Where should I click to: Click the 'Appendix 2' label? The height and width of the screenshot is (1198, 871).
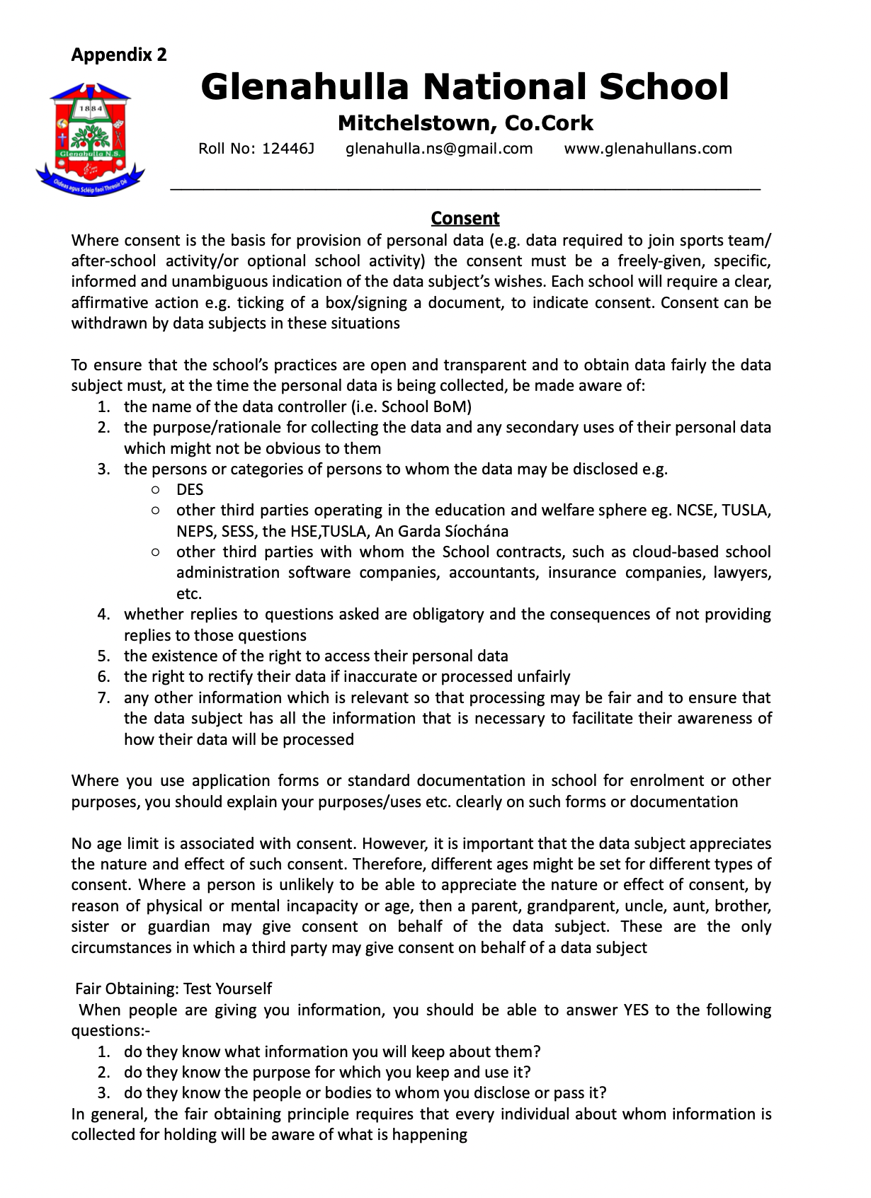pyautogui.click(x=119, y=55)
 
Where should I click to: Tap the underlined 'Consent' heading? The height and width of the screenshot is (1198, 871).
pyautogui.click(x=465, y=218)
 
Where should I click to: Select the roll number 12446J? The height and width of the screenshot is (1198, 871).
pyautogui.click(x=288, y=149)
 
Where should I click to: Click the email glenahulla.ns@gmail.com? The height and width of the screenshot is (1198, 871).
pyautogui.click(x=439, y=149)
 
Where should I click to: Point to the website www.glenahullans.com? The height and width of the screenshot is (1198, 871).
pyautogui.click(x=648, y=149)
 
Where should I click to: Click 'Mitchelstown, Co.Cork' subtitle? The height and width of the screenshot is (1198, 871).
pyautogui.click(x=465, y=123)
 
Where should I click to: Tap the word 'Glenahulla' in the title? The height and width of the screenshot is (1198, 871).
pyautogui.click(x=305, y=87)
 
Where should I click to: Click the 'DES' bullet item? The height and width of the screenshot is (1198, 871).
pyautogui.click(x=190, y=490)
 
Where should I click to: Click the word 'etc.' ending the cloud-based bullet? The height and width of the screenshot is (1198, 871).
pyautogui.click(x=189, y=593)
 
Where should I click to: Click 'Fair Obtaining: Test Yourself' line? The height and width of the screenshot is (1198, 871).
pyautogui.click(x=173, y=988)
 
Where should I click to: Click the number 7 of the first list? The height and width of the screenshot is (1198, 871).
pyautogui.click(x=103, y=697)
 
